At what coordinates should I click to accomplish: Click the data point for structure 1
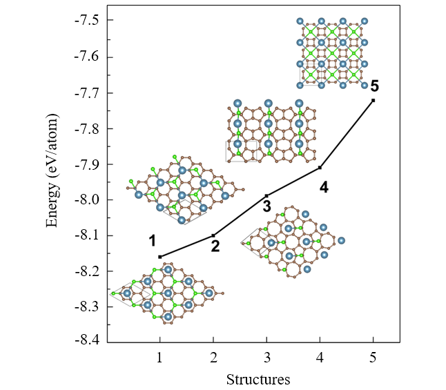(x=160, y=257)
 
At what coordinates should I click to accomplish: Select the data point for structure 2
(x=213, y=235)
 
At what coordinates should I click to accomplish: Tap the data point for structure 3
(x=267, y=195)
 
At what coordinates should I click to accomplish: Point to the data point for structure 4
(x=320, y=167)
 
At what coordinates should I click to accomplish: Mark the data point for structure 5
(x=374, y=100)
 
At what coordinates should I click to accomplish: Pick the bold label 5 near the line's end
(x=374, y=86)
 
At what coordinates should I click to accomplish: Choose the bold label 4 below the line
(x=323, y=187)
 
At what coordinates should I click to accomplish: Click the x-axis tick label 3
(x=267, y=358)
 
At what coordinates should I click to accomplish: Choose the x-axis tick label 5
(x=374, y=358)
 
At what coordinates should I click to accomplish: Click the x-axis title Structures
(x=259, y=380)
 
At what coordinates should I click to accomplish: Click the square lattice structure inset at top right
(x=331, y=53)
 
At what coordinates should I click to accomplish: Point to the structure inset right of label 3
(x=293, y=241)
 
